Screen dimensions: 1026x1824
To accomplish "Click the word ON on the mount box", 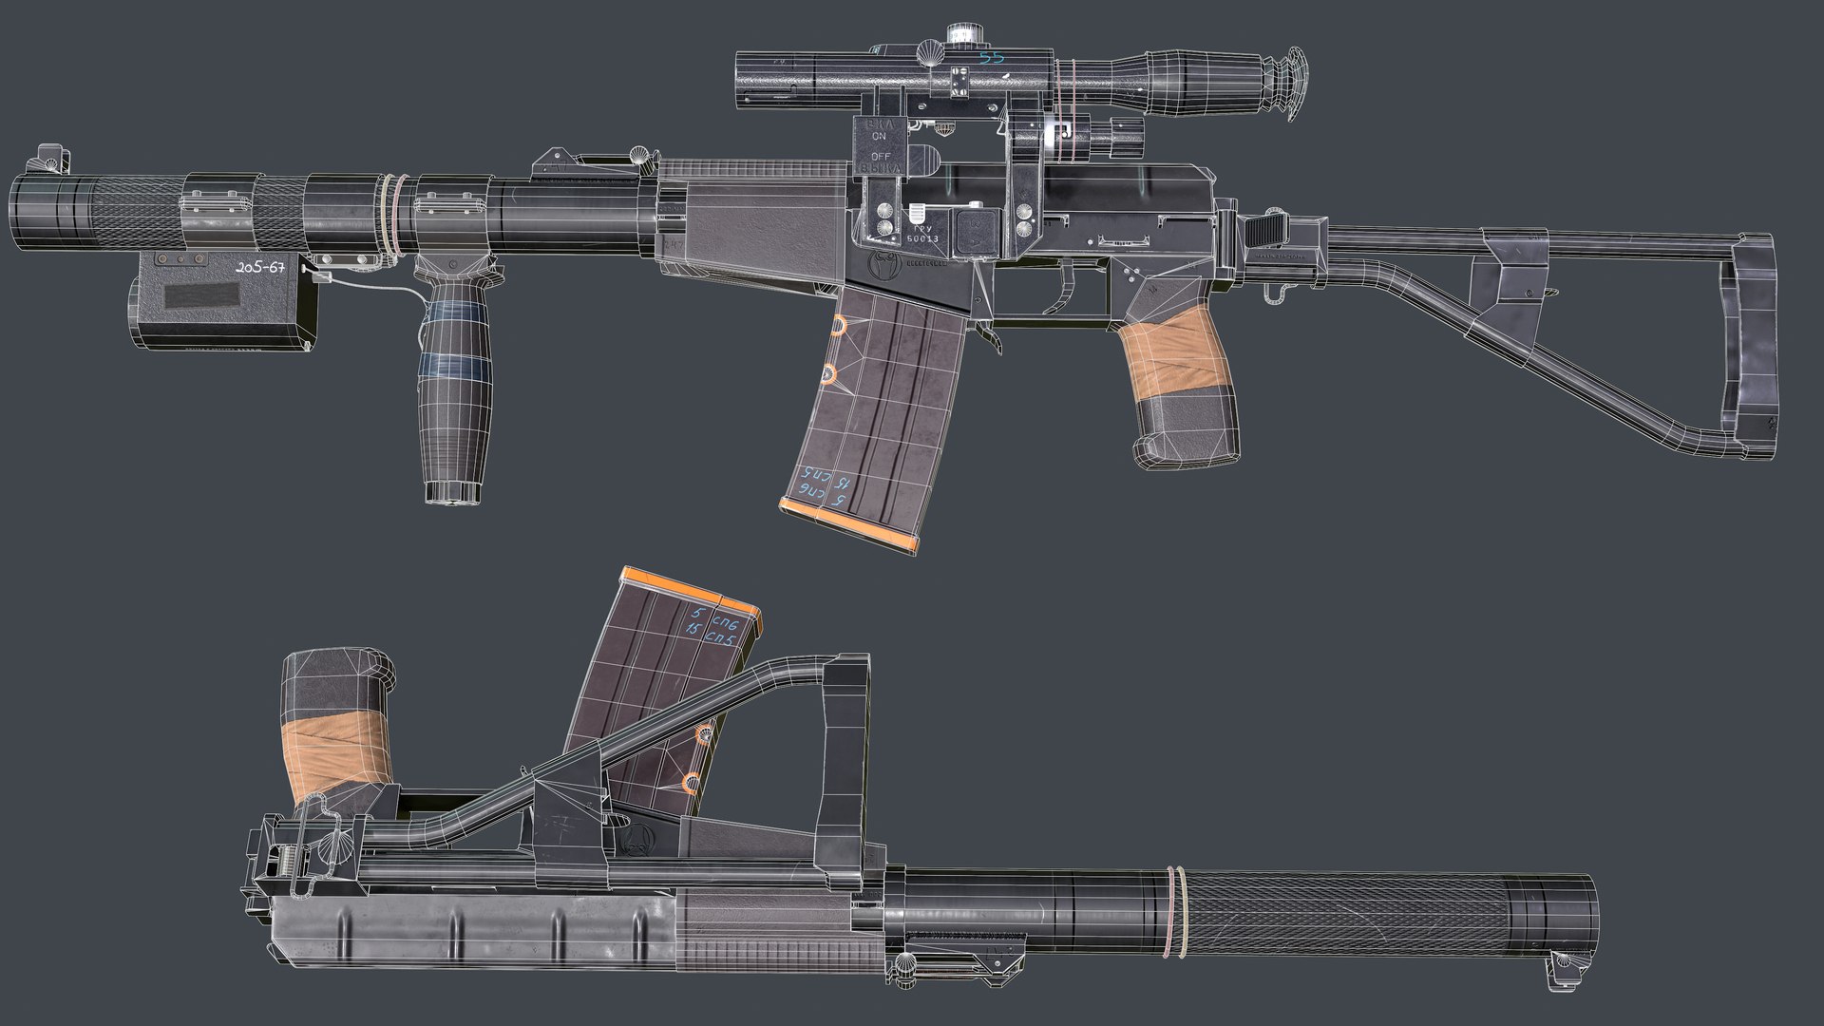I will [878, 136].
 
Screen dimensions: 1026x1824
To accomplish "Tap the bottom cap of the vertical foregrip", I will [450, 491].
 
